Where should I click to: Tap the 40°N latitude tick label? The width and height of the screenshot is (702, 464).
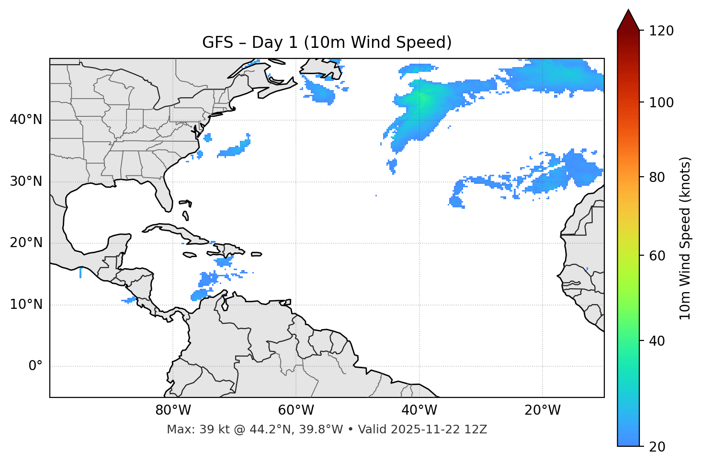click(x=26, y=120)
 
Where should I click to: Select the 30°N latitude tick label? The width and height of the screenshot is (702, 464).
click(x=26, y=181)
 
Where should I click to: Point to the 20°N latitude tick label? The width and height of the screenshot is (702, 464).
click(x=26, y=243)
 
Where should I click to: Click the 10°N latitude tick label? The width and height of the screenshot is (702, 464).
click(x=26, y=305)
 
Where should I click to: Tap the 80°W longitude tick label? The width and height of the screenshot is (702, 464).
click(x=173, y=410)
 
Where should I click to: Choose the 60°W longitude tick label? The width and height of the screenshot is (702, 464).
click(x=296, y=410)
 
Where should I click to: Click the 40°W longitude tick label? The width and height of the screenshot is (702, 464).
click(x=419, y=410)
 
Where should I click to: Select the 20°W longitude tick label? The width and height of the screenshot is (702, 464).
click(x=542, y=410)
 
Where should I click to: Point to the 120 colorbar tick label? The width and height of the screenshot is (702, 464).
click(x=661, y=31)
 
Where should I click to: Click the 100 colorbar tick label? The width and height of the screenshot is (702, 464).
click(x=661, y=102)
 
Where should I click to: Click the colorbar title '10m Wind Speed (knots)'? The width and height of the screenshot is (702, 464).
click(x=685, y=238)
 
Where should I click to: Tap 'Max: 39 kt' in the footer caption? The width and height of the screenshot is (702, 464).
click(x=188, y=430)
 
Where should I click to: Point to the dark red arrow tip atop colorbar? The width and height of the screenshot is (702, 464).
click(x=628, y=19)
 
